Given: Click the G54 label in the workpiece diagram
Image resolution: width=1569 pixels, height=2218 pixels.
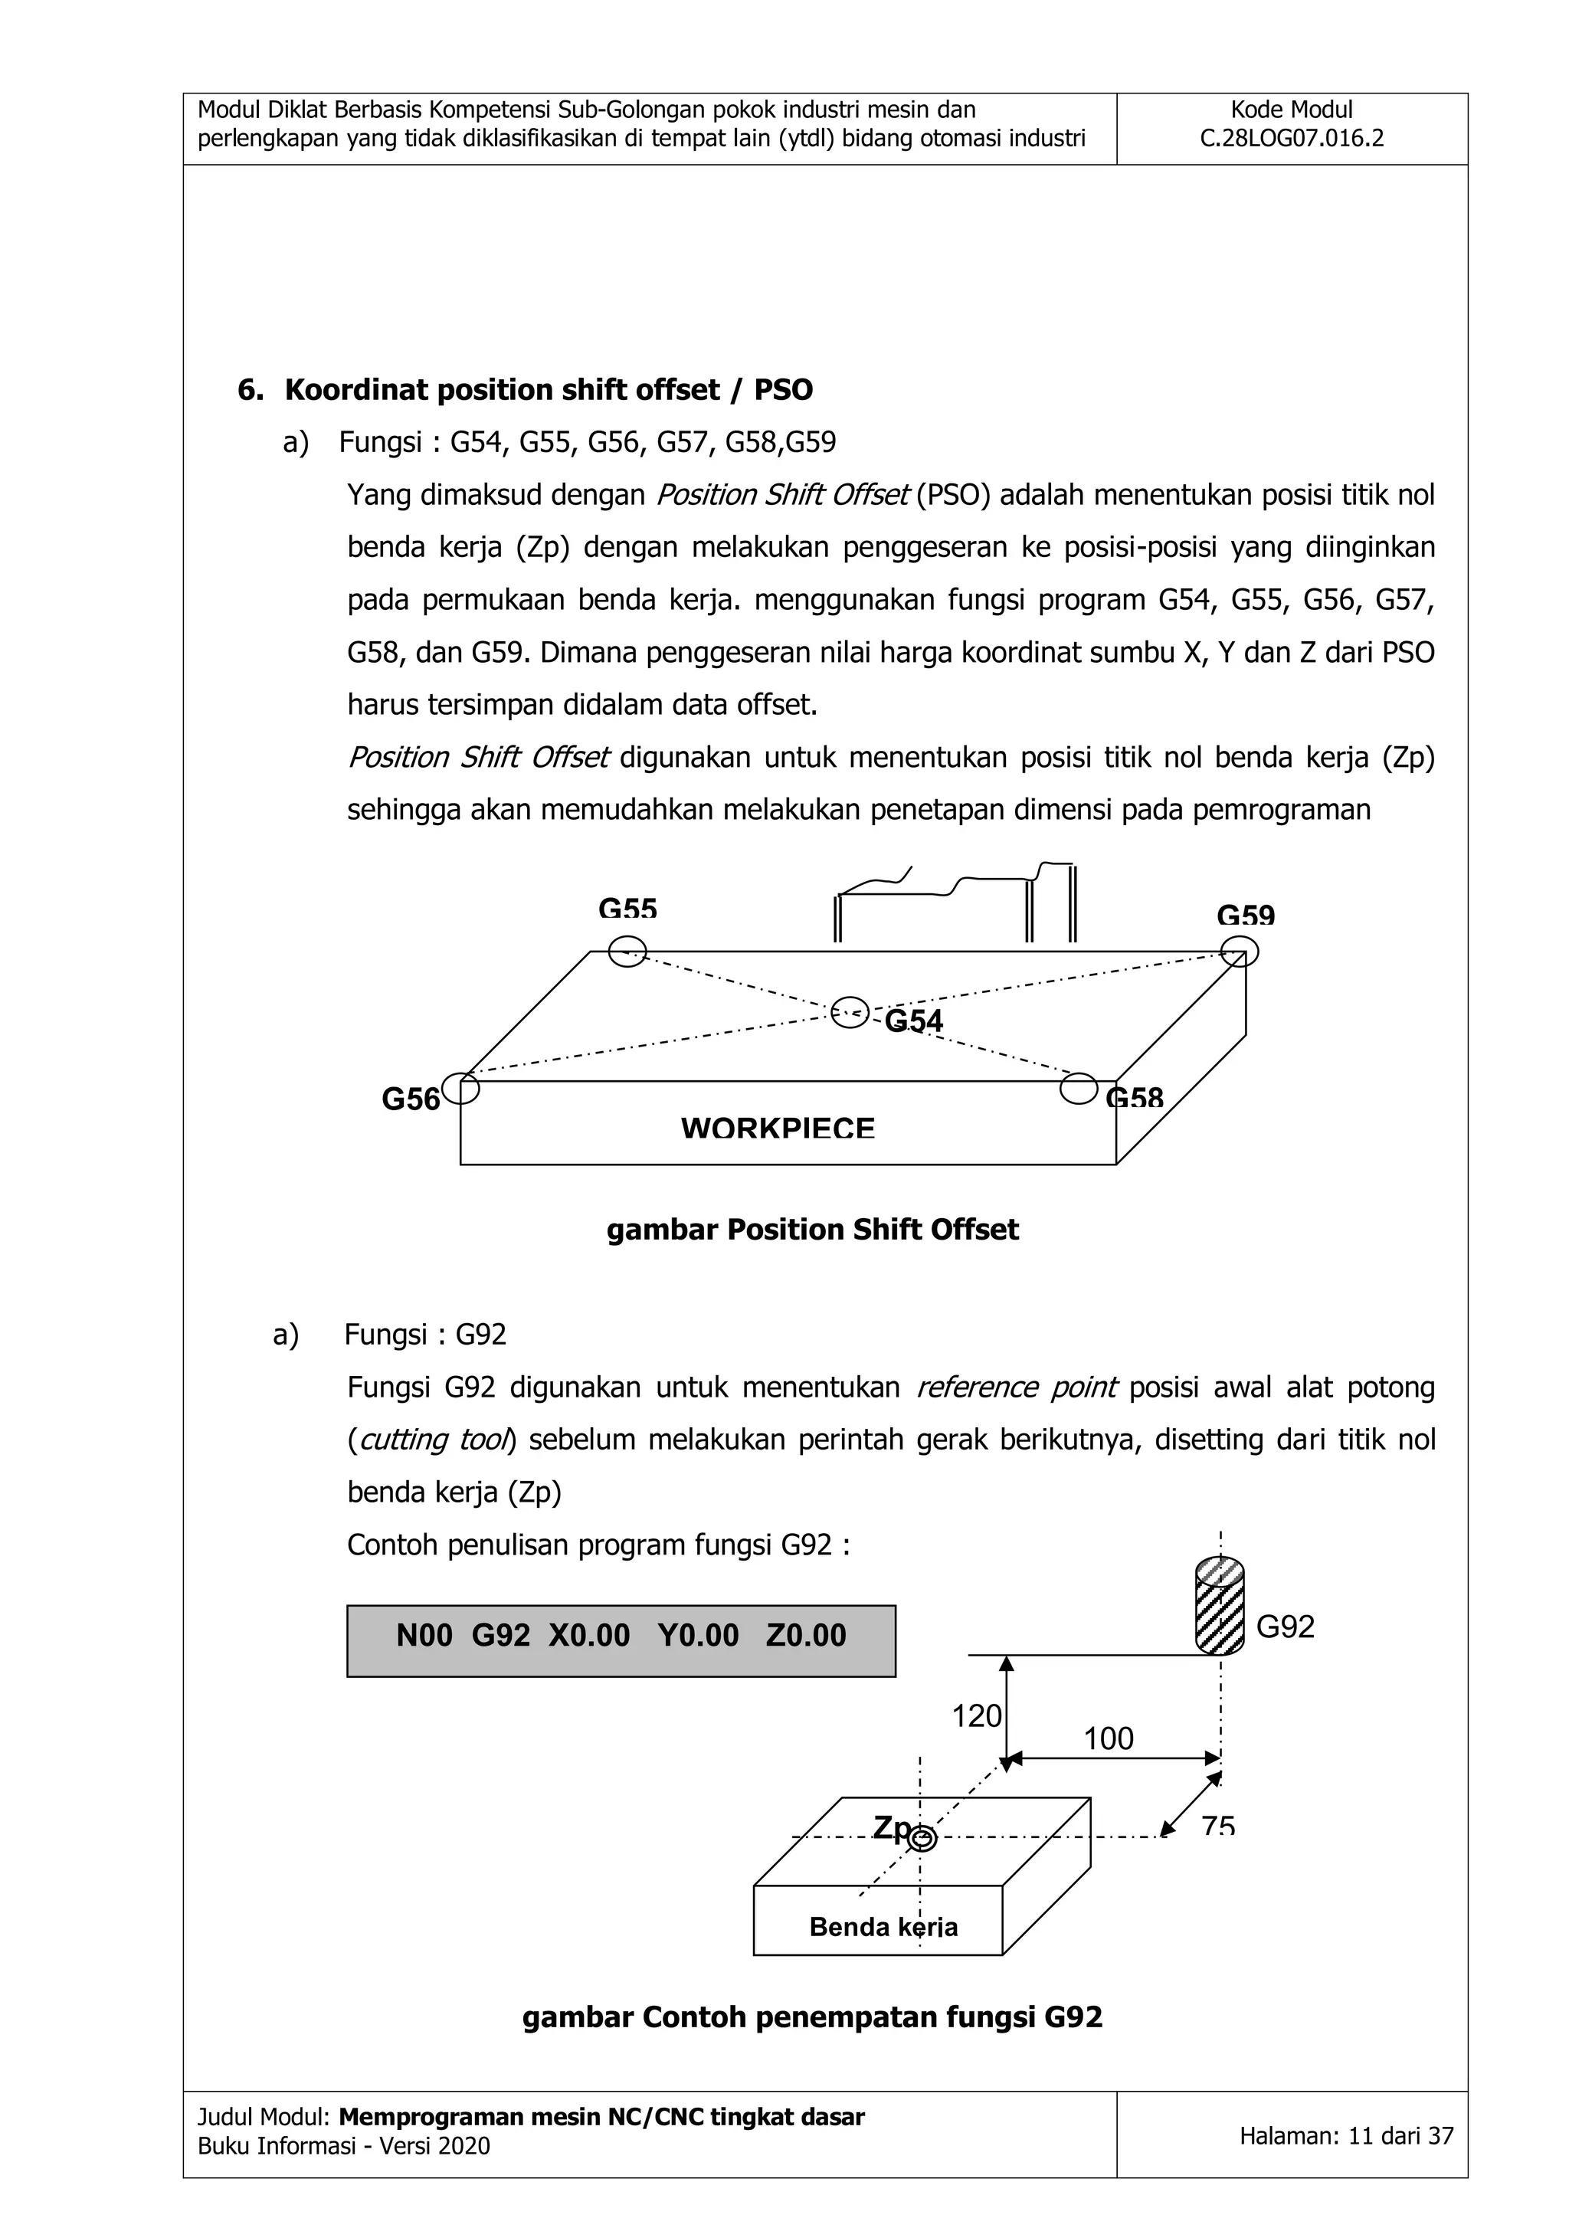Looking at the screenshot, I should (x=913, y=1021).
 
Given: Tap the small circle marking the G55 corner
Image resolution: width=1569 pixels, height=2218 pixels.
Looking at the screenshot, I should (x=627, y=951).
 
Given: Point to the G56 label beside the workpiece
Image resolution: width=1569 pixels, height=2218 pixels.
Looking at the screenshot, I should (x=411, y=1099).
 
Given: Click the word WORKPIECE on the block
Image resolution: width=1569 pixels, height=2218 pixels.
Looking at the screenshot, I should (x=778, y=1129).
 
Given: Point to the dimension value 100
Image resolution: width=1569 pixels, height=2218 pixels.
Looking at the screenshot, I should (x=1108, y=1738).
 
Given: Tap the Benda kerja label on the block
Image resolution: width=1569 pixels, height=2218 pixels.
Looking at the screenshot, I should (x=883, y=1926).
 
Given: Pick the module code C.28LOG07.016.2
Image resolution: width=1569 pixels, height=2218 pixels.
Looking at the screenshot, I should (x=1292, y=138).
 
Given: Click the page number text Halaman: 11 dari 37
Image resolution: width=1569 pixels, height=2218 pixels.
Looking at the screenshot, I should (x=1346, y=2136).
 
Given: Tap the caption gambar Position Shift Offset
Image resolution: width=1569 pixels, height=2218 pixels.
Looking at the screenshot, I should (x=813, y=1230).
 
